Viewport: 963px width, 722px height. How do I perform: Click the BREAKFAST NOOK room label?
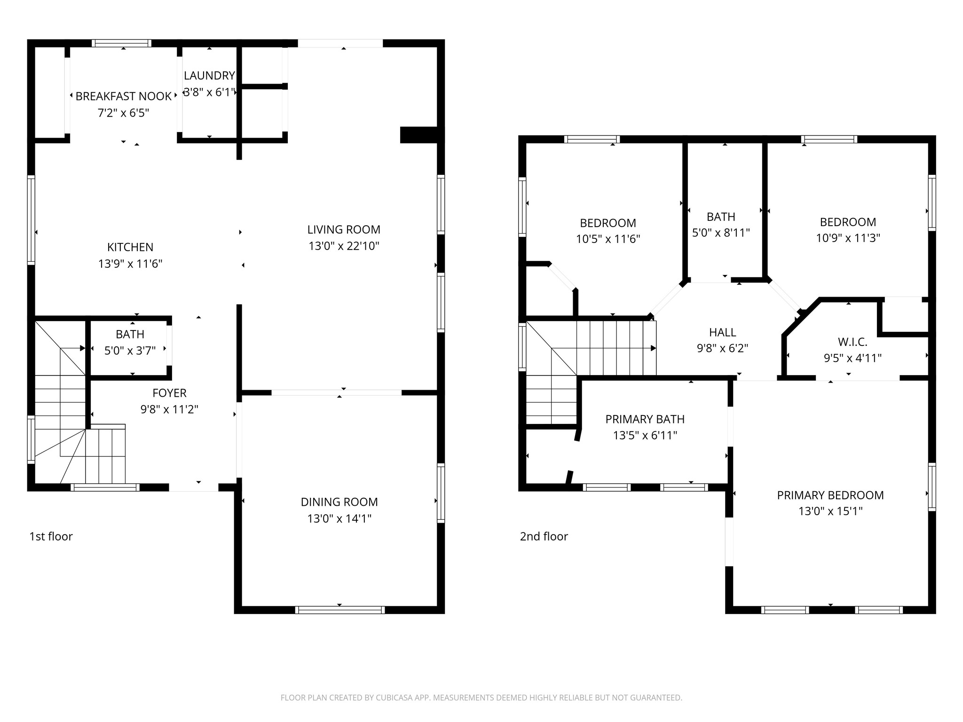[x=124, y=96]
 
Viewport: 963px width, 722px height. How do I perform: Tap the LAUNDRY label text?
[x=209, y=76]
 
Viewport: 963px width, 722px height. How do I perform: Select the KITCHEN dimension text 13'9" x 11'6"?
[x=130, y=264]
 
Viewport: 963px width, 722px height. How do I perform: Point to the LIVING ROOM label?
[x=344, y=229]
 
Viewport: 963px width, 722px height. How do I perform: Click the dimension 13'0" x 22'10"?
[x=344, y=246]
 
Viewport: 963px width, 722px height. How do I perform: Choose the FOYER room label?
[x=169, y=393]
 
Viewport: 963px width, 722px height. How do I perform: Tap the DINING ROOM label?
[x=339, y=502]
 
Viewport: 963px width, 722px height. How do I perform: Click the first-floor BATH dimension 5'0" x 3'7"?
[x=130, y=351]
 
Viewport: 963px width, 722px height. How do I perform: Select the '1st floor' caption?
[x=51, y=536]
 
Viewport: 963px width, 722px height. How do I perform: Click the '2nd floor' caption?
[x=544, y=536]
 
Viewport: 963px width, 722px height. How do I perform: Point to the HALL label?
[x=723, y=332]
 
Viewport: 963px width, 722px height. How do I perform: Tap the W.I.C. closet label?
[x=852, y=342]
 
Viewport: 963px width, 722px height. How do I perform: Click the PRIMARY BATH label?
[x=645, y=419]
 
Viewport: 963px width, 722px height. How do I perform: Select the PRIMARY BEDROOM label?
[x=830, y=495]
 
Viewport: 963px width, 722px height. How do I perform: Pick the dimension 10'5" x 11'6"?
[x=608, y=239]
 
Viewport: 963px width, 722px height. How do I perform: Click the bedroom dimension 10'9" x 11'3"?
[x=848, y=238]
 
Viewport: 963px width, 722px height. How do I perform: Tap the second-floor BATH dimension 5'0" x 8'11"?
[x=721, y=233]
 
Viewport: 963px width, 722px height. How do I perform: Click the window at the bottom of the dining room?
[x=340, y=610]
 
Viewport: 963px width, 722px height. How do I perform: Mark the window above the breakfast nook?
[x=121, y=43]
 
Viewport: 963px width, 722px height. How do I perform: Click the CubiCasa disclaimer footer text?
[x=481, y=698]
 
